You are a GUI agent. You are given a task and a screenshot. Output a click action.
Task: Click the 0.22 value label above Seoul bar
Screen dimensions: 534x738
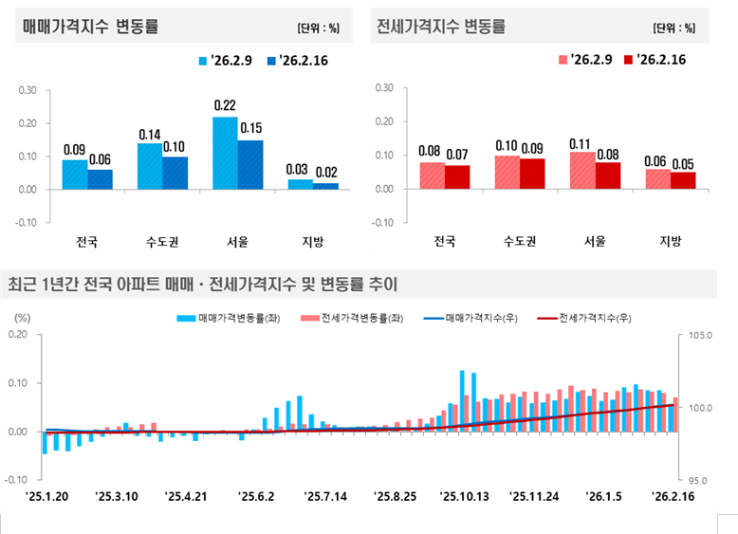point(225,105)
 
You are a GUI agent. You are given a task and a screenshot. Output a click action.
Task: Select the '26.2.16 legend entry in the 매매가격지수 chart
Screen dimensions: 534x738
point(305,60)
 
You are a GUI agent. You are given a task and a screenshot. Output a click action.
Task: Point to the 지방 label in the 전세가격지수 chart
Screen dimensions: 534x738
point(670,240)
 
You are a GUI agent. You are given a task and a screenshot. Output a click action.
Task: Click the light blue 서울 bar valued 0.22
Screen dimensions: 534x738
point(225,152)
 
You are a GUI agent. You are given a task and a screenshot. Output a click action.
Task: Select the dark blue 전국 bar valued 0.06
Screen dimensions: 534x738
point(101,179)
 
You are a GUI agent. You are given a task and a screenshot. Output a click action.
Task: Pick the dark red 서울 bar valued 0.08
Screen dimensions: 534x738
point(608,175)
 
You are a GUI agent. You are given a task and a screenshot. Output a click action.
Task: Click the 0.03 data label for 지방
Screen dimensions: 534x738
point(300,169)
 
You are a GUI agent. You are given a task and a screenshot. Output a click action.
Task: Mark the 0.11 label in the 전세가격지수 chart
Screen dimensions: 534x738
point(581,143)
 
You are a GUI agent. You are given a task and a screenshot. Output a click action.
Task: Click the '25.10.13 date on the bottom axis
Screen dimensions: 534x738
point(464,495)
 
